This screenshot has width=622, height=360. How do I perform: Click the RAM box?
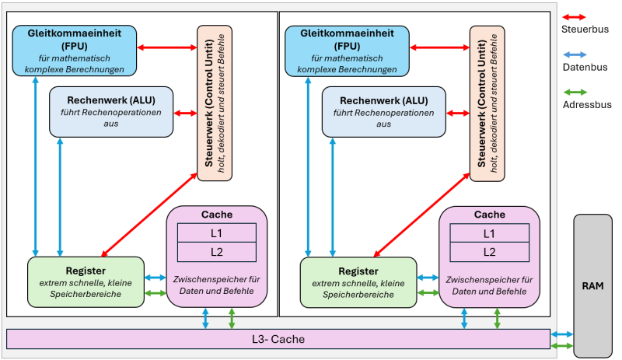[592, 285]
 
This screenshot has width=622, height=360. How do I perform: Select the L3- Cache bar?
[278, 339]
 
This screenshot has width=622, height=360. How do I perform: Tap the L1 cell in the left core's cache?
[217, 232]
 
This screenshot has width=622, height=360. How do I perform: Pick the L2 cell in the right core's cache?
[489, 251]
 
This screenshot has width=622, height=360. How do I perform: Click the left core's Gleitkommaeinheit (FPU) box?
[74, 51]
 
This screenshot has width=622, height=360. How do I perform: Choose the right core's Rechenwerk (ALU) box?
[384, 112]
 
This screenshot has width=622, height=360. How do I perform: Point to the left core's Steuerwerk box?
[215, 103]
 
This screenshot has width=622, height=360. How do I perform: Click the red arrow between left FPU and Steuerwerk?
[166, 47]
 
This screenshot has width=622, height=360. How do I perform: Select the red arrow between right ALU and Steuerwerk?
[458, 114]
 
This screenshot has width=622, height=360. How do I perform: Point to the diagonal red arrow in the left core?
[149, 215]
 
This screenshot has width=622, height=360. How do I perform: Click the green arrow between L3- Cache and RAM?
[562, 345]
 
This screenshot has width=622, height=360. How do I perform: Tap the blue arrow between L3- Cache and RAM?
[562, 334]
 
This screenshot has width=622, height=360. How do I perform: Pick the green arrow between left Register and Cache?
[155, 293]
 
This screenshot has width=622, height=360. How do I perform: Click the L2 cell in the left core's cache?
[217, 251]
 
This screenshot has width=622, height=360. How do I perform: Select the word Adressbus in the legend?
[586, 104]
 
